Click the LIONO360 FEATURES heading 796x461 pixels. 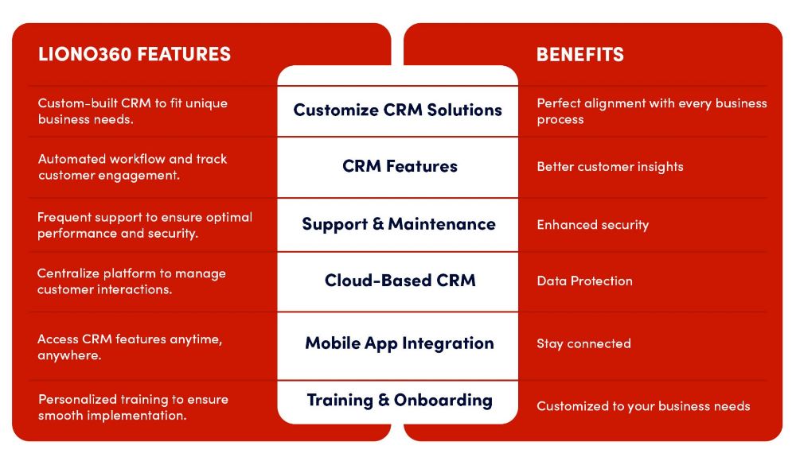tap(135, 54)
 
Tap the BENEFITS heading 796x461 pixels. tap(580, 54)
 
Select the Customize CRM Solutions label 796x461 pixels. tap(397, 110)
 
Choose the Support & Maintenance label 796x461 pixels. tap(398, 224)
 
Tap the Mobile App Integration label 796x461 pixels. tap(399, 343)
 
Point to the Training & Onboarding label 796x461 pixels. tap(399, 401)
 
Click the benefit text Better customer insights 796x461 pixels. tap(610, 167)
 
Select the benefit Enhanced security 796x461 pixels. tap(592, 225)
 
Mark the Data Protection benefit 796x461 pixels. tap(584, 281)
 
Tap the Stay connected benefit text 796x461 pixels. tap(583, 344)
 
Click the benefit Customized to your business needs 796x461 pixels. tap(643, 406)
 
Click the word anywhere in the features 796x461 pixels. tap(68, 355)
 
